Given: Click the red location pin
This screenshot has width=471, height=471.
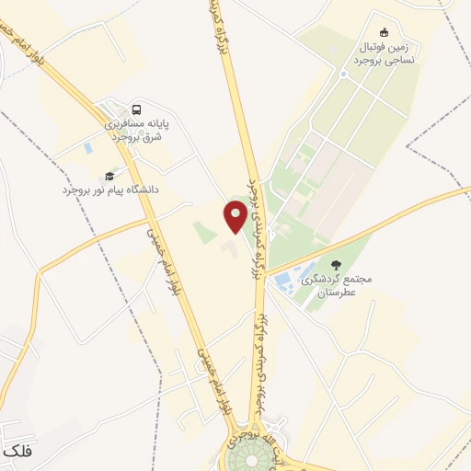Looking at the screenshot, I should click(235, 216).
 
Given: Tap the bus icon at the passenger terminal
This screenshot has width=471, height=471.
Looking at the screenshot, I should click(137, 107).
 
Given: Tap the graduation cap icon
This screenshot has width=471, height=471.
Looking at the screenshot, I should click(109, 175).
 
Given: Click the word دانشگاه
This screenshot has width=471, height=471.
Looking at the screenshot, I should click(139, 189).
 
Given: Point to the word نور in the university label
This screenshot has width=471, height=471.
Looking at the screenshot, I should click(89, 189).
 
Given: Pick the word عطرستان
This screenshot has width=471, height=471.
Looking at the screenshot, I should click(336, 293).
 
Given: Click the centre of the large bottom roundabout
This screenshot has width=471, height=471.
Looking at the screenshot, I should click(248, 457).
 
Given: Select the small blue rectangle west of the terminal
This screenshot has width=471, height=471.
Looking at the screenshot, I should click(87, 147).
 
